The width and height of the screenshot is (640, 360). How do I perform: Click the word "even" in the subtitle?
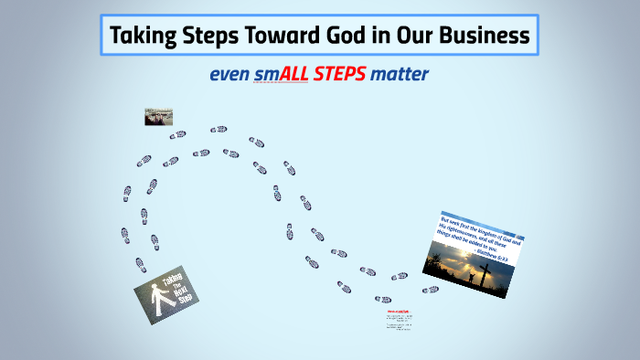tap(229, 74)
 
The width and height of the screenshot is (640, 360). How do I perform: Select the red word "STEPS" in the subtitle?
tap(339, 74)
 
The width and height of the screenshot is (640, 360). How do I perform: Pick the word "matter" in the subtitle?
tap(400, 74)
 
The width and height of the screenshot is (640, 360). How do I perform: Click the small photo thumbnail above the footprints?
tap(158, 117)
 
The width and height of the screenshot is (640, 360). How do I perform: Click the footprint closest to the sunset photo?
tap(430, 290)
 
